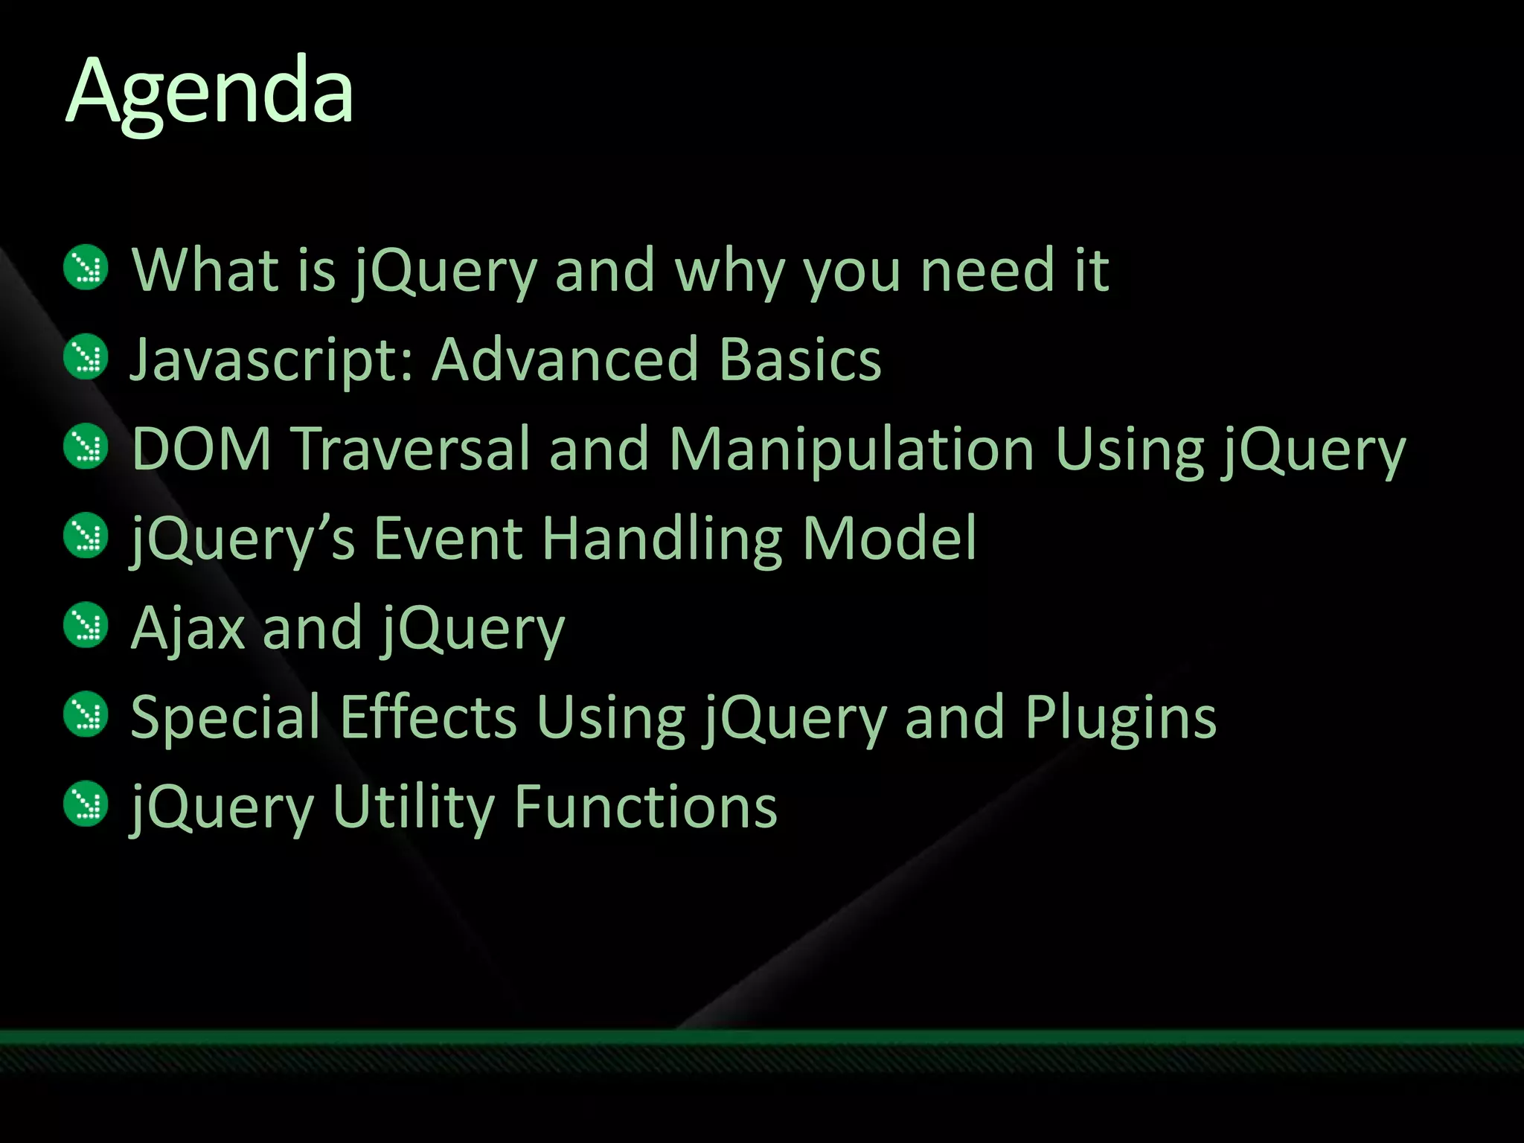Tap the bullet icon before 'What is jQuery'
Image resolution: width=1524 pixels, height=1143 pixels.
point(86,268)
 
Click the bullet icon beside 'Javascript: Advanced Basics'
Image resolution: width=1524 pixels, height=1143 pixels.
point(86,357)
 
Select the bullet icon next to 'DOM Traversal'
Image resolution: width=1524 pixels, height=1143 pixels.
point(86,446)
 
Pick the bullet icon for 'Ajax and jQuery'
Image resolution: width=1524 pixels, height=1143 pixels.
point(86,625)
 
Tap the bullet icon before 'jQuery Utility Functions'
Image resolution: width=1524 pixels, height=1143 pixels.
point(86,804)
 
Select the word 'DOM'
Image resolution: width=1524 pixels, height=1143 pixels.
point(202,449)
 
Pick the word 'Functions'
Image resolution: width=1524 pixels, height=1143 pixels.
point(645,807)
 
